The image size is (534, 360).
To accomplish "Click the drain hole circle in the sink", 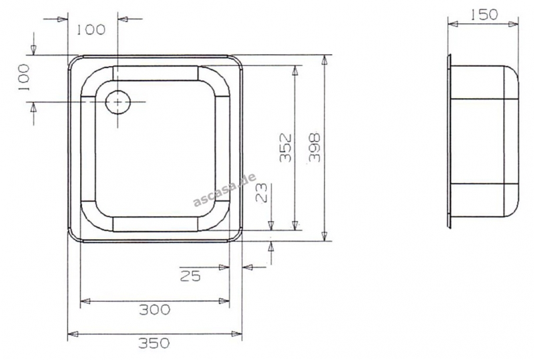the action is click(118, 102).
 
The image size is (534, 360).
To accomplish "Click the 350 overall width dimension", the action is click(154, 343).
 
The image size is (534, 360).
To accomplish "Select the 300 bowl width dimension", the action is click(155, 309).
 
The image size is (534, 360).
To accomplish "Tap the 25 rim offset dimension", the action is click(190, 276).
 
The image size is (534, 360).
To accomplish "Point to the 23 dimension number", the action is click(263, 194).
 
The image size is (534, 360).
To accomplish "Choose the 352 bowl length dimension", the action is click(286, 148).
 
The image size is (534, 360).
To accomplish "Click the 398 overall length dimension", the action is click(314, 148).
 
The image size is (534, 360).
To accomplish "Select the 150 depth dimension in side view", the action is click(485, 15).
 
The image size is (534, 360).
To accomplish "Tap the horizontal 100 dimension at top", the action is click(90, 30).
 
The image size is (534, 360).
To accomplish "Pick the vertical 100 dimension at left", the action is click(24, 77).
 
